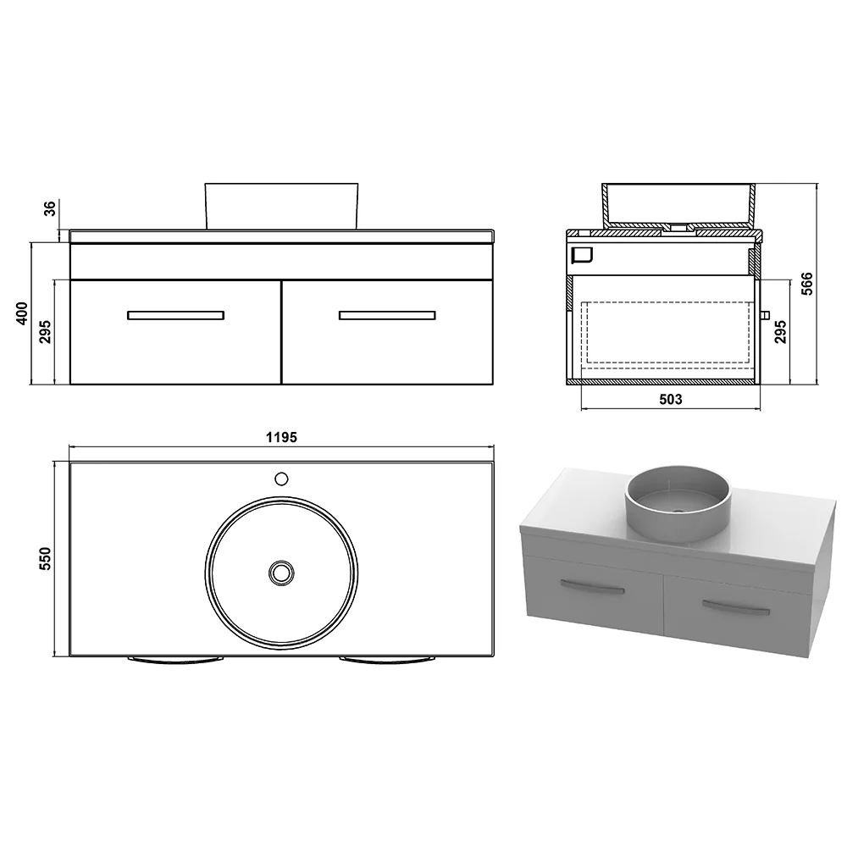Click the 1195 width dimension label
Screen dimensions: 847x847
pyautogui.click(x=281, y=437)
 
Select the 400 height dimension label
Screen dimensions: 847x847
pyautogui.click(x=22, y=313)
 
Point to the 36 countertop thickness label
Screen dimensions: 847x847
pyautogui.click(x=50, y=208)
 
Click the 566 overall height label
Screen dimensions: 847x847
pyautogui.click(x=806, y=284)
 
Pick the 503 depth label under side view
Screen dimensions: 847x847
pyautogui.click(x=671, y=399)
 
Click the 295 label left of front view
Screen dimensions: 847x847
pyautogui.click(x=46, y=332)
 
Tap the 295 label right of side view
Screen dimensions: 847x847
pyautogui.click(x=781, y=332)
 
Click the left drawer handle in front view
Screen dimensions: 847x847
pyautogui.click(x=175, y=315)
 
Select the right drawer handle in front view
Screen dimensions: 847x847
pyautogui.click(x=387, y=315)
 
